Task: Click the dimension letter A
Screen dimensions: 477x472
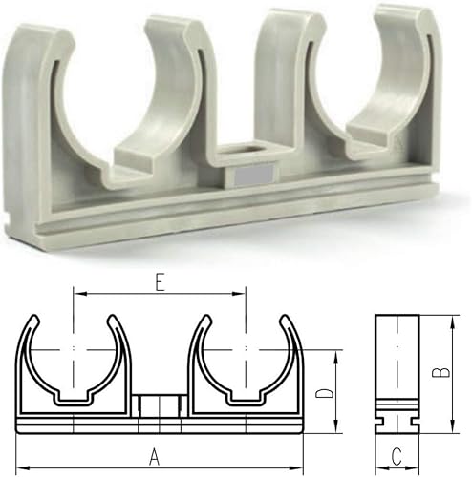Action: pyautogui.click(x=153, y=457)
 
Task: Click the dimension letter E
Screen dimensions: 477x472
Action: pyautogui.click(x=160, y=281)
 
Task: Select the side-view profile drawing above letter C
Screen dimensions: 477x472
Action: pyautogui.click(x=397, y=372)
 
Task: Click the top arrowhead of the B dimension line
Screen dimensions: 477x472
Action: pyautogui.click(x=447, y=319)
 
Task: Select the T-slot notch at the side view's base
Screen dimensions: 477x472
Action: pyautogui.click(x=397, y=418)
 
